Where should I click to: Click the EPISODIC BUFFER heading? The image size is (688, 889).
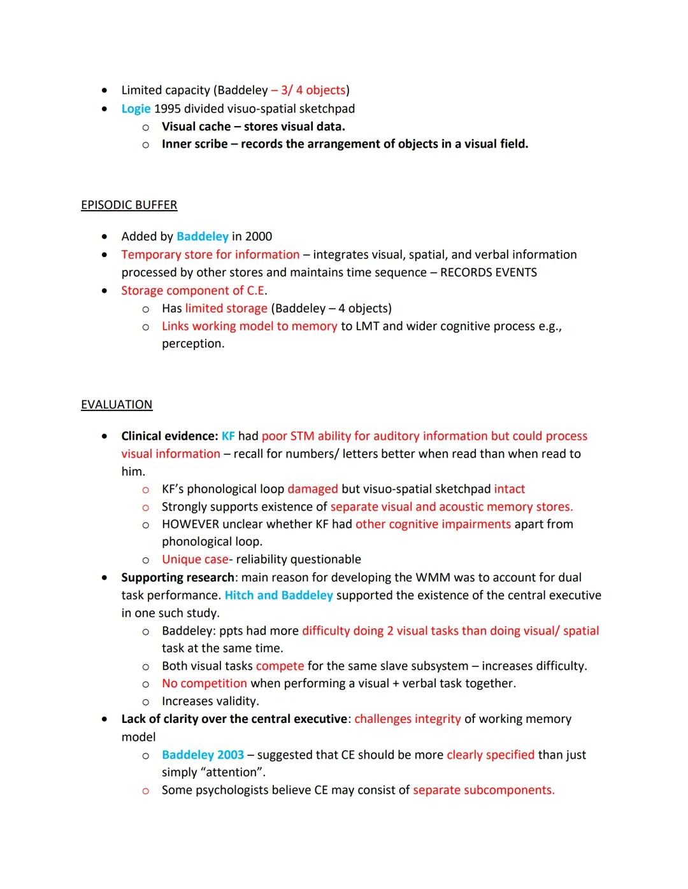click(129, 205)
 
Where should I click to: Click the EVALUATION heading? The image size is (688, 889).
click(117, 405)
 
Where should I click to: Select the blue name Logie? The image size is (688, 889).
click(136, 109)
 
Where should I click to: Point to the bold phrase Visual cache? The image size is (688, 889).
click(196, 127)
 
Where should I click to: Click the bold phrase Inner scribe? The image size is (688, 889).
click(194, 144)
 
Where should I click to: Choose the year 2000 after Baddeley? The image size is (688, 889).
click(258, 237)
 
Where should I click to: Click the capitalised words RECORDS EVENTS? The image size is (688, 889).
click(489, 272)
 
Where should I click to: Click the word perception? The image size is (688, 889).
click(192, 344)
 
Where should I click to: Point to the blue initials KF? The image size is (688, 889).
click(228, 437)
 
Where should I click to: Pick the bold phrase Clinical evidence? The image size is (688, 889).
click(169, 437)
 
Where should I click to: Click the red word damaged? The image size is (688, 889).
click(313, 489)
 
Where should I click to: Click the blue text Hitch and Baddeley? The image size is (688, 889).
click(278, 596)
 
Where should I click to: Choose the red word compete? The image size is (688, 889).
click(280, 666)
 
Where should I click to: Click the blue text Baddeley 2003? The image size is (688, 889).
click(203, 755)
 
